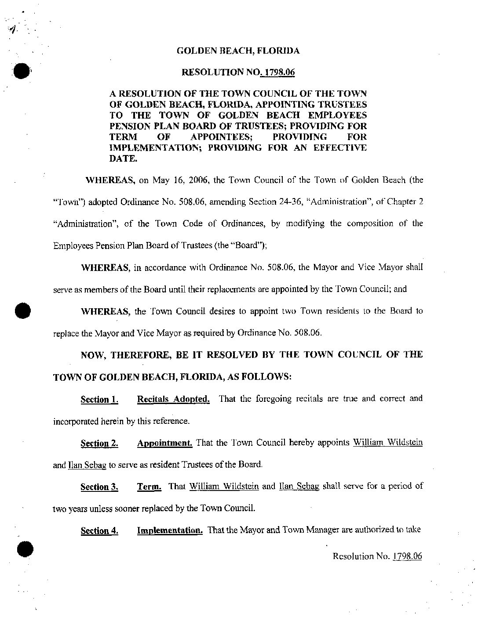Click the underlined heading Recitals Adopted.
[173, 399]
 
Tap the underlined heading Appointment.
[164, 443]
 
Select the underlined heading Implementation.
[170, 530]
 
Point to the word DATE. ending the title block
[123, 159]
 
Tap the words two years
[69, 509]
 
